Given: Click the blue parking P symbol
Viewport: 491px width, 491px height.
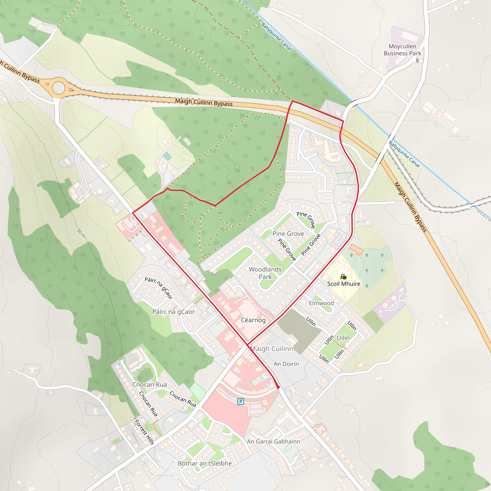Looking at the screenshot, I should pos(240,402).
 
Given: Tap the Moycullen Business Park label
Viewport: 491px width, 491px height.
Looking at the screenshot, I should pos(402,50).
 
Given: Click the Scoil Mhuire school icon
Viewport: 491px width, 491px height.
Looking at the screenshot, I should pos(344,276).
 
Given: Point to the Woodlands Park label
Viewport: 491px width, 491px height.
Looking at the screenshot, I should pos(265,273).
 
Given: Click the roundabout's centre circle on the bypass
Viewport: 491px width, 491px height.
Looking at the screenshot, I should pos(59,88).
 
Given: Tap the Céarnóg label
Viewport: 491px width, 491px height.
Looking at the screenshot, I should pos(253,320).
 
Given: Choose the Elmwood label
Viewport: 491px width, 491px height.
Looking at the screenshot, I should pos(321,303).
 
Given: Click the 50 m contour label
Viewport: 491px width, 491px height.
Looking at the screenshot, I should pos(81,233).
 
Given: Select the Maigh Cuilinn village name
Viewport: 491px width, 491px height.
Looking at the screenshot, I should pos(272,349).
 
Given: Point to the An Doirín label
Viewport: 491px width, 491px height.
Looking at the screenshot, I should pos(286,364).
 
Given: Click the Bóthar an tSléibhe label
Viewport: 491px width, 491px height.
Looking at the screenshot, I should pos(205,463).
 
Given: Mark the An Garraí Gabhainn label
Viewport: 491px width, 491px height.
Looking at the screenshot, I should pos(274,441).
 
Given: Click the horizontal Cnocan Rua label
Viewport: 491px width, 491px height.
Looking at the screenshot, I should pos(149,385).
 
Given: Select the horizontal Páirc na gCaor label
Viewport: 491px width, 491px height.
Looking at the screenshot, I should pos(173,312).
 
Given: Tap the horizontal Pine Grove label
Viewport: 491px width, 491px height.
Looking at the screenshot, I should pos(288,234).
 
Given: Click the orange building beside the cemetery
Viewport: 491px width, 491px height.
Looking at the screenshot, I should pos(356,249).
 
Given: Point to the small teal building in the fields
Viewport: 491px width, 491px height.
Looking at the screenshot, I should pos(167,156).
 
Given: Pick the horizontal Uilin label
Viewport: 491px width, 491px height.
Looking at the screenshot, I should pos(343,338).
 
